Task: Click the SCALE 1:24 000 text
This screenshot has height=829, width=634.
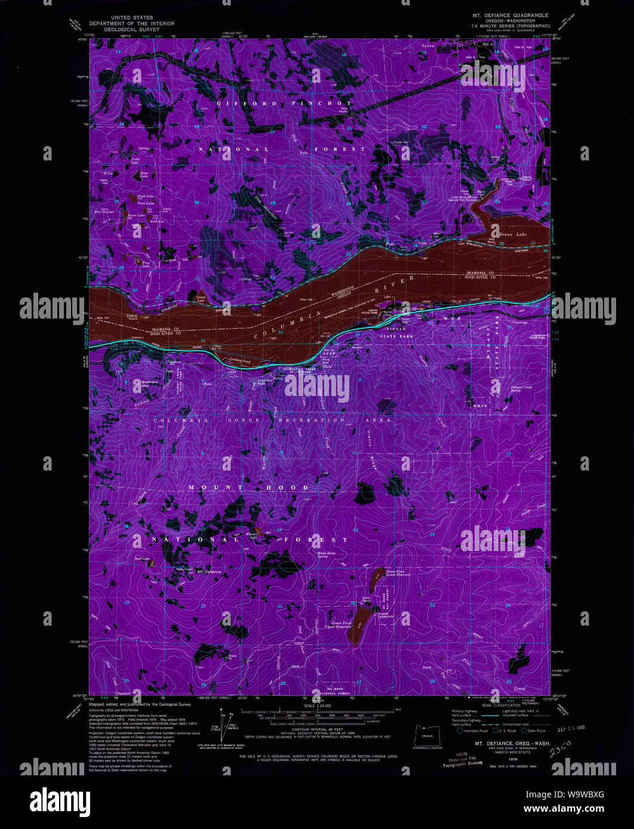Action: click(x=317, y=707)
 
